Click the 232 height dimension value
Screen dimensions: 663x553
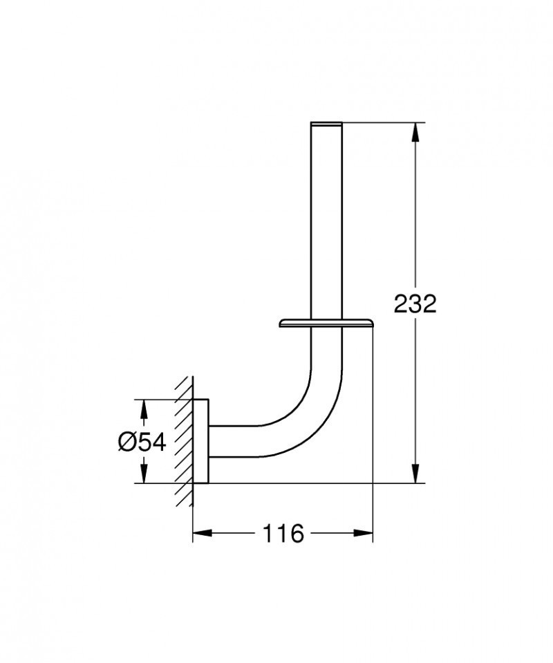(415, 303)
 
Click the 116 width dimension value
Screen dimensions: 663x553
(283, 533)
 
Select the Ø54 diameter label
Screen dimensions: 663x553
(142, 441)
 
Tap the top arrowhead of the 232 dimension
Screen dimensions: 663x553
(415, 131)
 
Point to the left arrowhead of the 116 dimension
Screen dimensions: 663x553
(200, 533)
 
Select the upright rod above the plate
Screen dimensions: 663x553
(327, 221)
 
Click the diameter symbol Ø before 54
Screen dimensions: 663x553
(126, 441)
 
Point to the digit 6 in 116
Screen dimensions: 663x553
(295, 533)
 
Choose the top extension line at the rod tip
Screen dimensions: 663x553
(380, 123)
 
